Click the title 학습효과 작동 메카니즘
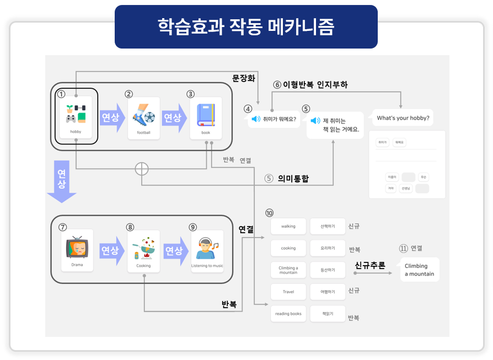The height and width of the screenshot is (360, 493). click(246, 26)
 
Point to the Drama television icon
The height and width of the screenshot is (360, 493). click(77, 250)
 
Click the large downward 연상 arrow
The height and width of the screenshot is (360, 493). click(61, 181)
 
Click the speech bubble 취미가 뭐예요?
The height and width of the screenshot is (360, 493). click(274, 119)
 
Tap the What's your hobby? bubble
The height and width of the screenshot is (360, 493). click(403, 118)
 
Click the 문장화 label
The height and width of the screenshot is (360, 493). click(243, 78)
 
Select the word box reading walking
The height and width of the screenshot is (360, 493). click(288, 226)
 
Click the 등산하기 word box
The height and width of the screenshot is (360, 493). click(328, 270)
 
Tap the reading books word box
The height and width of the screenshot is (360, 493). click(288, 314)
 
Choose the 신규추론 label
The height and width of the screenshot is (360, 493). click(369, 265)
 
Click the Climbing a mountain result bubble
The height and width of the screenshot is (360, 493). click(420, 270)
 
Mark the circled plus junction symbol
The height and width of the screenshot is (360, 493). click(142, 169)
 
